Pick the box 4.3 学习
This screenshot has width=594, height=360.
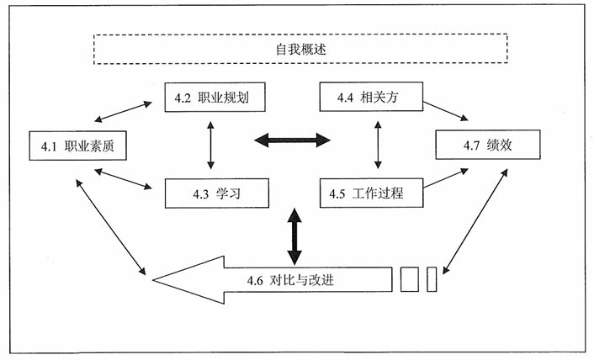click(217, 193)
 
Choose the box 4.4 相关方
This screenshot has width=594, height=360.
click(370, 98)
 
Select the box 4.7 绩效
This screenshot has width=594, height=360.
click(487, 146)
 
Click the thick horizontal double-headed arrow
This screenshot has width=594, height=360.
click(293, 140)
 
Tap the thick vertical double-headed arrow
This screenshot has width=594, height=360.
click(294, 236)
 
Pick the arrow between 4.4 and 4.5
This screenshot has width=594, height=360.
click(377, 145)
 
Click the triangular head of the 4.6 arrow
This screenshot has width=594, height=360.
click(189, 279)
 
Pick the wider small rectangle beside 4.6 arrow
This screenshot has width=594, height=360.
click(409, 279)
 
